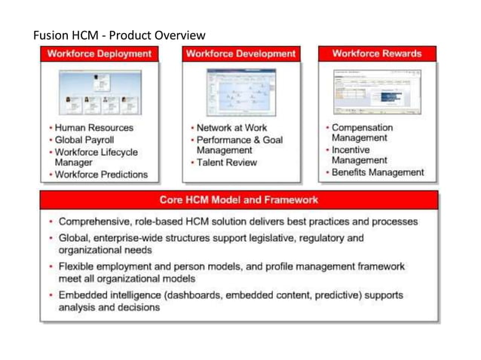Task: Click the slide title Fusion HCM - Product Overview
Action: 119,35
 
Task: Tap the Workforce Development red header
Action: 240,54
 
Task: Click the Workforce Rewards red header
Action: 377,54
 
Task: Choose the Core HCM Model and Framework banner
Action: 239,200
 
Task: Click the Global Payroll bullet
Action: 84,139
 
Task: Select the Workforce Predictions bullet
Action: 101,175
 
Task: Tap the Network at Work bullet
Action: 230,127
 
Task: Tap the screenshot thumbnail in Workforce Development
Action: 240,90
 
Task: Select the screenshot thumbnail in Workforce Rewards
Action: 377,89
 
